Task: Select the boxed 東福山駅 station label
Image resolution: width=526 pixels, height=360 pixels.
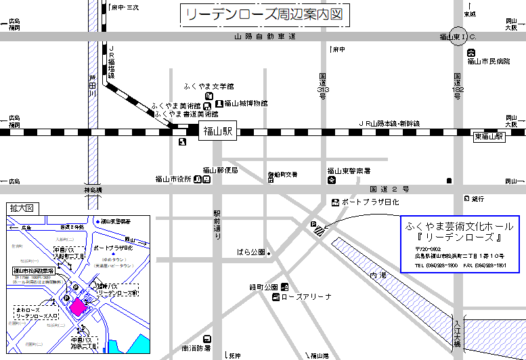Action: (x=489, y=137)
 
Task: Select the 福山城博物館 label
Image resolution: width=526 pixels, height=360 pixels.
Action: (x=246, y=104)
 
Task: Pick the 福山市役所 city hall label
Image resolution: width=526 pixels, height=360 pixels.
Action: (x=173, y=179)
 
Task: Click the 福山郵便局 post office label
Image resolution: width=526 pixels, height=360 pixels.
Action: (x=221, y=171)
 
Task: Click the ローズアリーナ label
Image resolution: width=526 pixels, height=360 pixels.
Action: (x=307, y=296)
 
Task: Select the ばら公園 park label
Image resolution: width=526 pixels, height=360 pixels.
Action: (x=250, y=252)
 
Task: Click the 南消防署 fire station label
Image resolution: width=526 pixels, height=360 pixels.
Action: (x=196, y=348)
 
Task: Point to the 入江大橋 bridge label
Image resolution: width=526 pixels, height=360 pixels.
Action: (x=459, y=334)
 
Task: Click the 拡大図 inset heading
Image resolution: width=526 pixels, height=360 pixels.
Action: (x=20, y=208)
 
